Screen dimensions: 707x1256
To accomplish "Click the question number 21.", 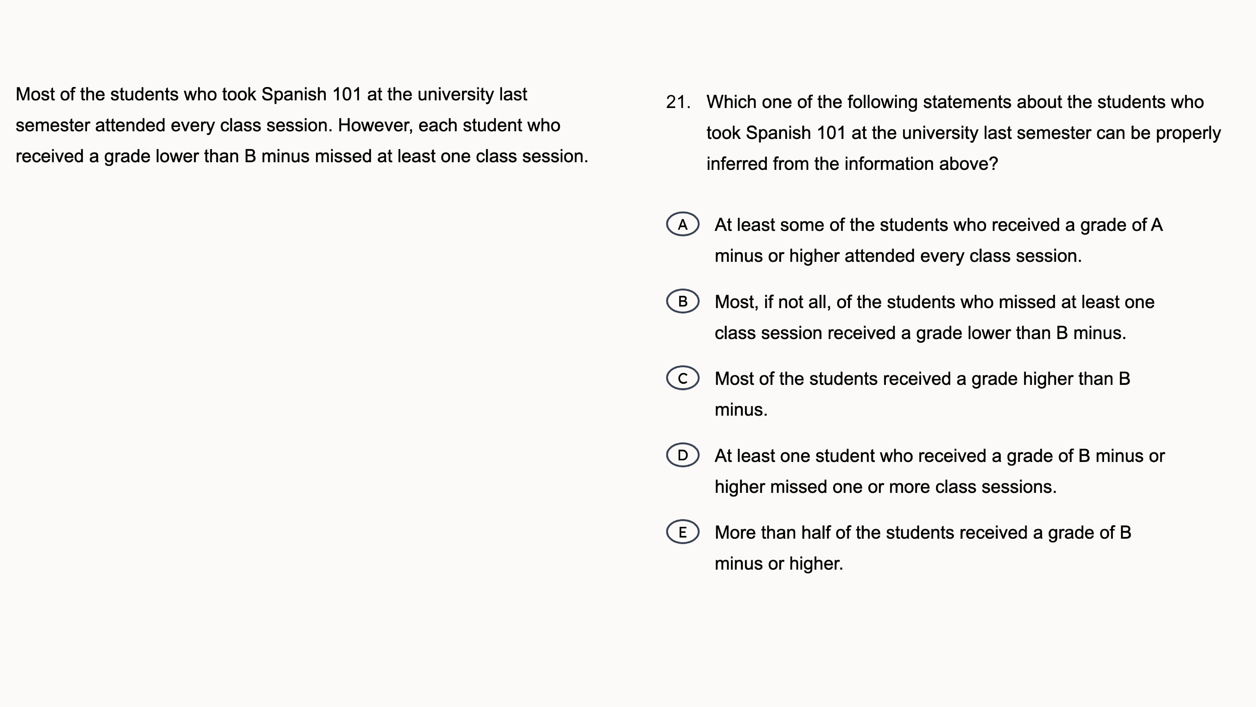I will (678, 103).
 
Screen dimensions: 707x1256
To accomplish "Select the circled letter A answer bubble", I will (683, 224).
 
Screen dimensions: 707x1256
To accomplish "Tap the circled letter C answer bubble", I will (683, 378).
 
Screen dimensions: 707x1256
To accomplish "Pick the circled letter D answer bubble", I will (683, 455).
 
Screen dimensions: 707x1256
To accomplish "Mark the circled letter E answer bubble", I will (683, 532).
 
